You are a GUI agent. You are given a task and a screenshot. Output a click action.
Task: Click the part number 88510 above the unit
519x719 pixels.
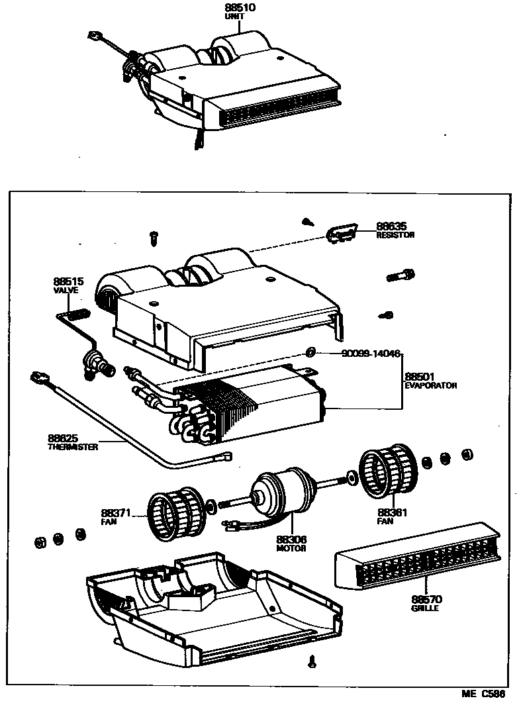[x=240, y=8]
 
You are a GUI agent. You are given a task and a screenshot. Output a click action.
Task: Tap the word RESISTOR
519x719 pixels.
[x=395, y=235]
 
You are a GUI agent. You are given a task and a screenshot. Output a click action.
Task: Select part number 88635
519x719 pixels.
[x=391, y=226]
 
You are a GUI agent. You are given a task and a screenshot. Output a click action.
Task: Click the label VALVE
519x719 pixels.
[x=66, y=290]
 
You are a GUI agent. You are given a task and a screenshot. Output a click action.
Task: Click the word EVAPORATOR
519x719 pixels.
[x=431, y=385]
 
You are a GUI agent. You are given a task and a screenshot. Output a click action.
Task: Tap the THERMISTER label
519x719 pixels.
[x=73, y=447]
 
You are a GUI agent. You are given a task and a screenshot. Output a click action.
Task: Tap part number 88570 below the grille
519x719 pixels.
[x=426, y=599]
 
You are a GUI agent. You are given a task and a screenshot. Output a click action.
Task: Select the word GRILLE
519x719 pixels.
[x=424, y=608]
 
